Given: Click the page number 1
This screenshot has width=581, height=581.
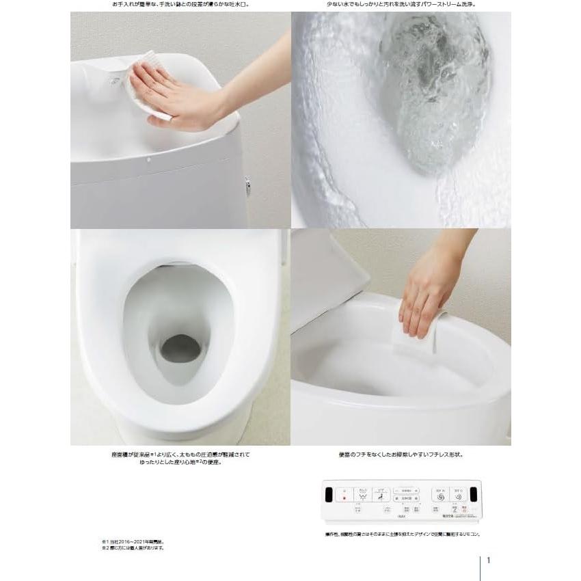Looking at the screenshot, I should (489, 560).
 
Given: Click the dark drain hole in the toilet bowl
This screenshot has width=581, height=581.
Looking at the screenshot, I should (180, 349).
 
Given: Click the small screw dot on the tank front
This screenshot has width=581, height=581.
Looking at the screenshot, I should (148, 161).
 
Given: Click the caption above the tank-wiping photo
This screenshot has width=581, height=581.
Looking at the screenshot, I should (181, 4).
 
